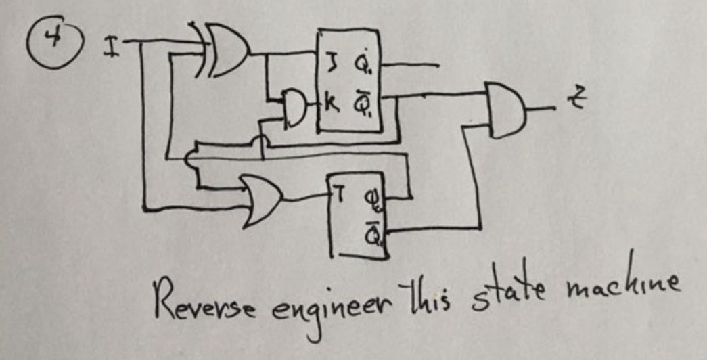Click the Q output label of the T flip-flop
click(371, 200)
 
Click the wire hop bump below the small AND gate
click(261, 141)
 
